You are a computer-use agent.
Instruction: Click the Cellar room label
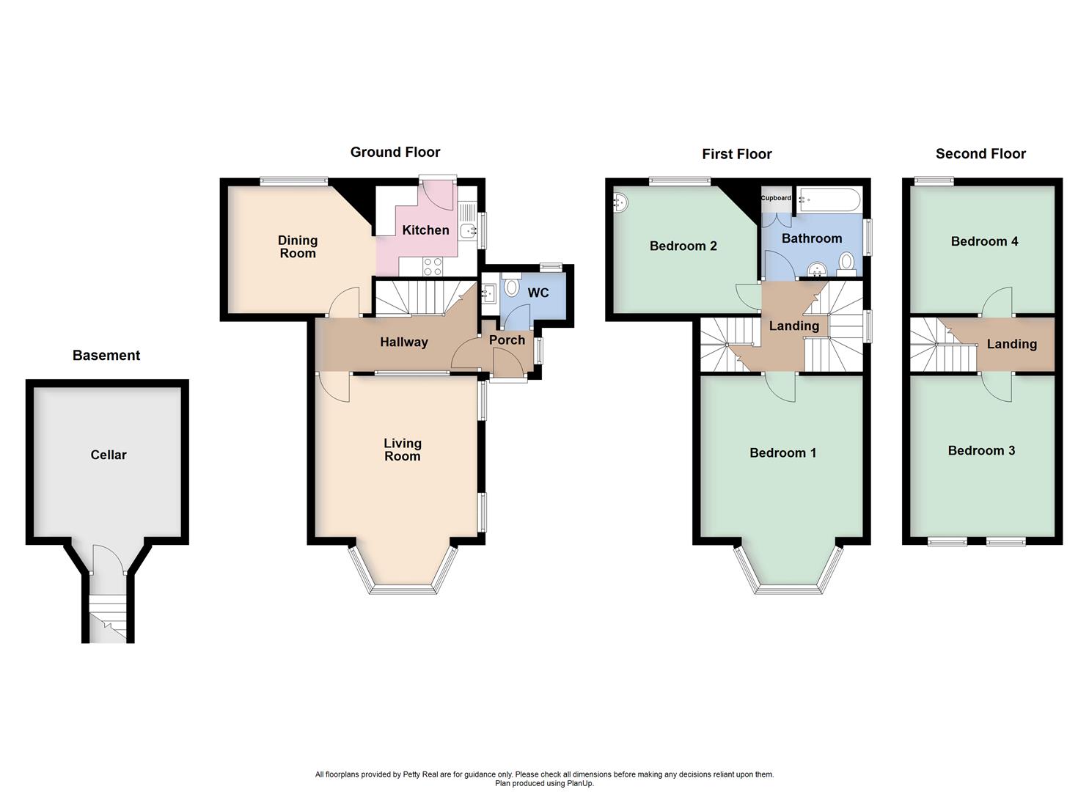click(109, 455)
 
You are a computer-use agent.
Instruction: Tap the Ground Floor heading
click(395, 152)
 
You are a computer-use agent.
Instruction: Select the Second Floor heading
click(980, 153)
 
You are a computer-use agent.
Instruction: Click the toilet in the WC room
click(512, 285)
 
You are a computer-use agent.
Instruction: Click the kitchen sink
click(469, 231)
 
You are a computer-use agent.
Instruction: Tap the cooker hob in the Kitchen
click(432, 267)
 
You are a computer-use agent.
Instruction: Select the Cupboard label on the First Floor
click(776, 198)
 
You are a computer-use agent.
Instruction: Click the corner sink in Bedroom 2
click(620, 200)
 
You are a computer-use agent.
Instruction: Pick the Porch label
click(507, 340)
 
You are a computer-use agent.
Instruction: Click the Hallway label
click(403, 342)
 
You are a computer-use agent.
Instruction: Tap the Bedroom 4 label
click(984, 241)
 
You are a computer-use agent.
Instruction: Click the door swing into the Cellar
click(103, 560)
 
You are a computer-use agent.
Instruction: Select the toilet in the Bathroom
click(846, 262)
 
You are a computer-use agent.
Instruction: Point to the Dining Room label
click(298, 246)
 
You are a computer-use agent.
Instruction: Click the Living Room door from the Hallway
click(334, 387)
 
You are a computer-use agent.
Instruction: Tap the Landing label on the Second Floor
click(1011, 344)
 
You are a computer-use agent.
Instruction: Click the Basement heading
click(106, 356)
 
